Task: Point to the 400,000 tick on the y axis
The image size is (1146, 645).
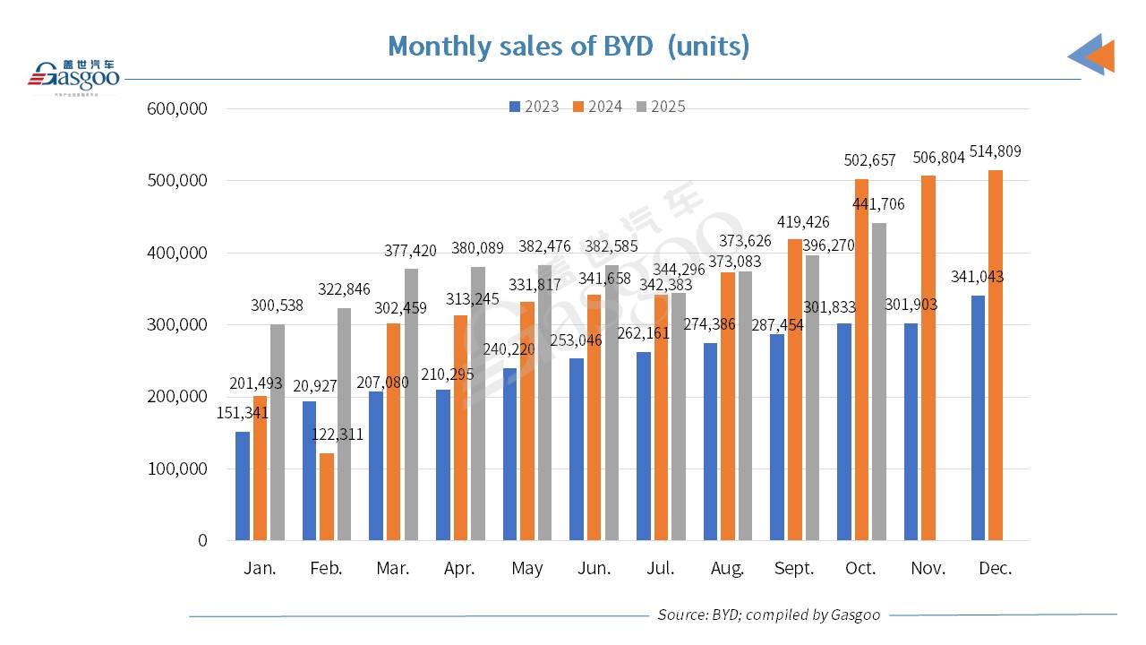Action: point(177,253)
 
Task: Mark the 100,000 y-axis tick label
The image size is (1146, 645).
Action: point(177,469)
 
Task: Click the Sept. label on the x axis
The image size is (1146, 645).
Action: point(794,569)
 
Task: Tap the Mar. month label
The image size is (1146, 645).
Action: point(393,569)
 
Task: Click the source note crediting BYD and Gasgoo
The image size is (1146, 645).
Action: point(768,615)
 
